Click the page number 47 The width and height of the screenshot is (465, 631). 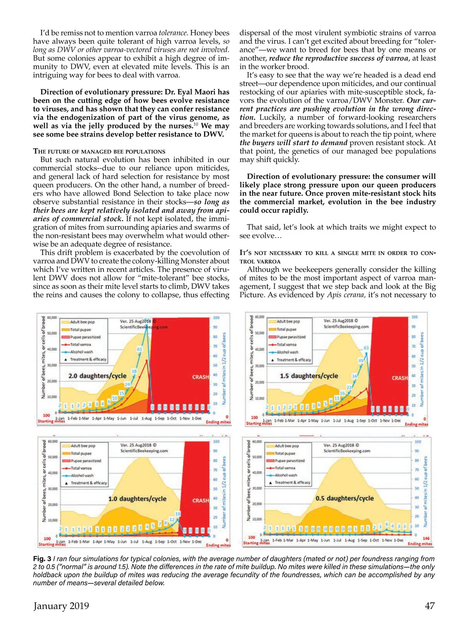430,606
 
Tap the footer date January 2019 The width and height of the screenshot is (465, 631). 61,606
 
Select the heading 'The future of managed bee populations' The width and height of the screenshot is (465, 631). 99,151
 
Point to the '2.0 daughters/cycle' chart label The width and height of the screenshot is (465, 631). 97,376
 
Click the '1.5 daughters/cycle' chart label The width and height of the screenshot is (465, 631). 309,376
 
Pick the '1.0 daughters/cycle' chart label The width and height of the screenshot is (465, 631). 137,499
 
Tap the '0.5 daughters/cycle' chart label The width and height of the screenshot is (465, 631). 344,498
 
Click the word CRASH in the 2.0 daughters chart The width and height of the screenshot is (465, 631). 200,377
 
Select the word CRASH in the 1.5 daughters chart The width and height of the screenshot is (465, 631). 400,378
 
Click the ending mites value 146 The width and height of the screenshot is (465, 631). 426,538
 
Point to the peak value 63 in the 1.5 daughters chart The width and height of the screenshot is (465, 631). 366,348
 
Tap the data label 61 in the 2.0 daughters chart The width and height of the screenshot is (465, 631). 139,349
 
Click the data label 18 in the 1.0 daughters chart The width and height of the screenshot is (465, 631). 178,514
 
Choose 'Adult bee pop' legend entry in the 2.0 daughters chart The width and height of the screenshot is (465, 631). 82,322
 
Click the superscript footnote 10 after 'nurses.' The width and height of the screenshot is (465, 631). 196,124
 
